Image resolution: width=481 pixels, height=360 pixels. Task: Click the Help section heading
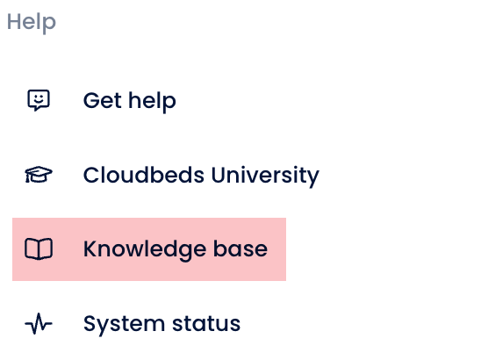[x=32, y=23]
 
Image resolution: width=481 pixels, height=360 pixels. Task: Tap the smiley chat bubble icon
[x=39, y=100]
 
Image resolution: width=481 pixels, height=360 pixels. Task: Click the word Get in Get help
[x=103, y=100]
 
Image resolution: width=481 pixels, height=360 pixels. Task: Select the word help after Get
[x=152, y=101]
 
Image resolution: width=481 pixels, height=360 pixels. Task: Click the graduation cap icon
[x=39, y=175]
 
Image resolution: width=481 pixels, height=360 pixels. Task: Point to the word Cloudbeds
[x=144, y=175]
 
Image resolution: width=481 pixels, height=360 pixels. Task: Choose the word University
[x=265, y=176]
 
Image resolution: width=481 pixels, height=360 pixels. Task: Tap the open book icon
[x=39, y=248]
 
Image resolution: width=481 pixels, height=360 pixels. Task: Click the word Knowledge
[x=145, y=250]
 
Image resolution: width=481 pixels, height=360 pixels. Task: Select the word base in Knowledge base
[x=240, y=248]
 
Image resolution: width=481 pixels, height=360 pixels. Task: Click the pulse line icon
[x=39, y=323]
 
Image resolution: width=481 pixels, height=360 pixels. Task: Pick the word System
[x=124, y=325]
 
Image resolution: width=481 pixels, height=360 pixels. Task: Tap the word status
[x=206, y=324]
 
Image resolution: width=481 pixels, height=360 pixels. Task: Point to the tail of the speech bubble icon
[x=37, y=109]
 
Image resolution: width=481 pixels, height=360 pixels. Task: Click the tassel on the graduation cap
[x=27, y=178]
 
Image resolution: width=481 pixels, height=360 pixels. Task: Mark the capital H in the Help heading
[x=13, y=22]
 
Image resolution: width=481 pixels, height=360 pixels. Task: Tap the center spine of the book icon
[x=39, y=249]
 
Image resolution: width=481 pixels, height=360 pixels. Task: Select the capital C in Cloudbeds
[x=91, y=176]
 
